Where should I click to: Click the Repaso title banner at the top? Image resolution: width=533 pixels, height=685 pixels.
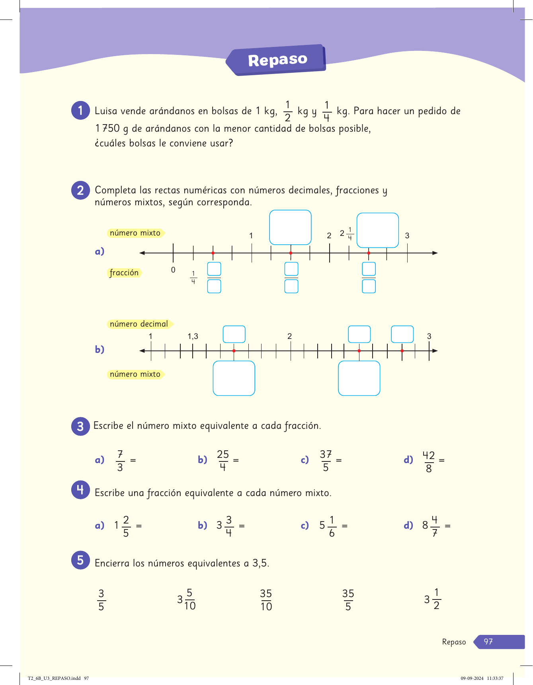pos(277,60)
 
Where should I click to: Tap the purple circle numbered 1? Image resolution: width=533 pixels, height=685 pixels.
pos(80,110)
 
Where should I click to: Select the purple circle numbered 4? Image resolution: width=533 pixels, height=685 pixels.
pos(80,490)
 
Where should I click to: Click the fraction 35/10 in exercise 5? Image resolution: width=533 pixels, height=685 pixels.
pos(266,600)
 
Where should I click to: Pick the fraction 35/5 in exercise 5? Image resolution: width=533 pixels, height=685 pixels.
pos(348,600)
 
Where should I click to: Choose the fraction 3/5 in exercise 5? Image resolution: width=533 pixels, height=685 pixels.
pos(101,600)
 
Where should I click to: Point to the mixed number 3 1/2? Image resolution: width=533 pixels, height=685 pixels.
pos(432,599)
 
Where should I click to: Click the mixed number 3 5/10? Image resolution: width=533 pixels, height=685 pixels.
pos(186,599)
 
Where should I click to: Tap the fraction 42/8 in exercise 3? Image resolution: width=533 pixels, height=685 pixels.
pos(429,461)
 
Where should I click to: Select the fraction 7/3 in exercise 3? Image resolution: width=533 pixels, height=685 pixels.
pos(120,461)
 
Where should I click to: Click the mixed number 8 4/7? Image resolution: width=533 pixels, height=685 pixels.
pos(430,525)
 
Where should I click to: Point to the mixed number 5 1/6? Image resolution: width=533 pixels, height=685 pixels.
pos(327,525)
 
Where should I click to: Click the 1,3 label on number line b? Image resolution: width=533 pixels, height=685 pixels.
pos(193,337)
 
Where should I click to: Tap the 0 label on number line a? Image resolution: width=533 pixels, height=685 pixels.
pos(173,270)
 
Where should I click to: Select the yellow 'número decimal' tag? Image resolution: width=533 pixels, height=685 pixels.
pos(139,324)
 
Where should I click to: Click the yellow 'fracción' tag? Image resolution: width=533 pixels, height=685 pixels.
pos(124,272)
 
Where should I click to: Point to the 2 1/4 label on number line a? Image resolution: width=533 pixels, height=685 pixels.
pos(346,234)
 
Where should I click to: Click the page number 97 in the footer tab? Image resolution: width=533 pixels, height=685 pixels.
pos(488,642)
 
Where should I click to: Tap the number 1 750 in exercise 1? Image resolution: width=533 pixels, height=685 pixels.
pos(107,128)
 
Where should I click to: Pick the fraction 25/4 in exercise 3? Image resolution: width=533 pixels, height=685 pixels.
pos(223,460)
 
